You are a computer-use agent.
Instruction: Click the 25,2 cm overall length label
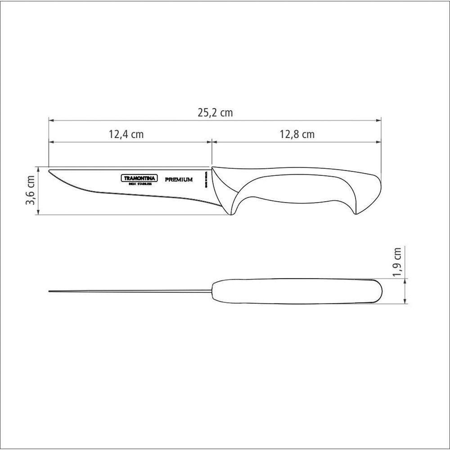[x=215, y=113]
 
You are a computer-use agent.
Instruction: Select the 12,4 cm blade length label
[x=126, y=134]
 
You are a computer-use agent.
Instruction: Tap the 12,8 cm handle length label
[x=297, y=134]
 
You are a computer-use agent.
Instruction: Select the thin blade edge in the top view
[x=130, y=292]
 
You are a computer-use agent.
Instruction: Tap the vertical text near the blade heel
[x=206, y=181]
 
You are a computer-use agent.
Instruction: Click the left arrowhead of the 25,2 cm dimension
[x=51, y=121]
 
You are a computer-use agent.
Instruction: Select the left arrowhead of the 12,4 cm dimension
[x=51, y=142]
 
